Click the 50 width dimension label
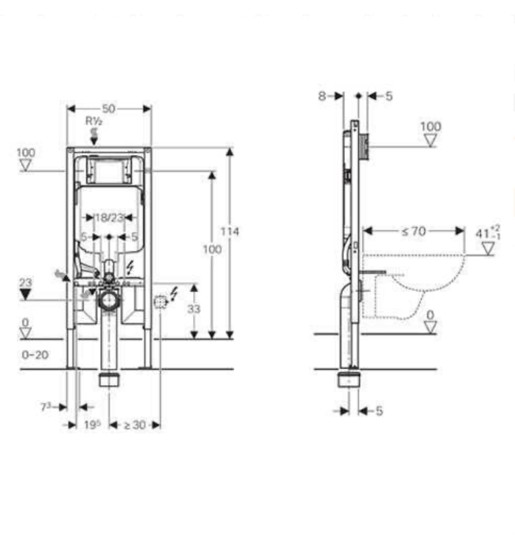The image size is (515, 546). point(108,109)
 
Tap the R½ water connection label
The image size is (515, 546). point(94,121)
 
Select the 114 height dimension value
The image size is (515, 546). point(230,231)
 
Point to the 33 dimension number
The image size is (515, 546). point(194,308)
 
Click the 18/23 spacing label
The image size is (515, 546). point(109,218)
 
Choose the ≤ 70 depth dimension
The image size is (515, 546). point(413,231)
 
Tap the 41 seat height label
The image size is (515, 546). point(488,232)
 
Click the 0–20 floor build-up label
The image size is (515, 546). point(35,355)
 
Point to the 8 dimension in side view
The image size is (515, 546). point(322,96)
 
